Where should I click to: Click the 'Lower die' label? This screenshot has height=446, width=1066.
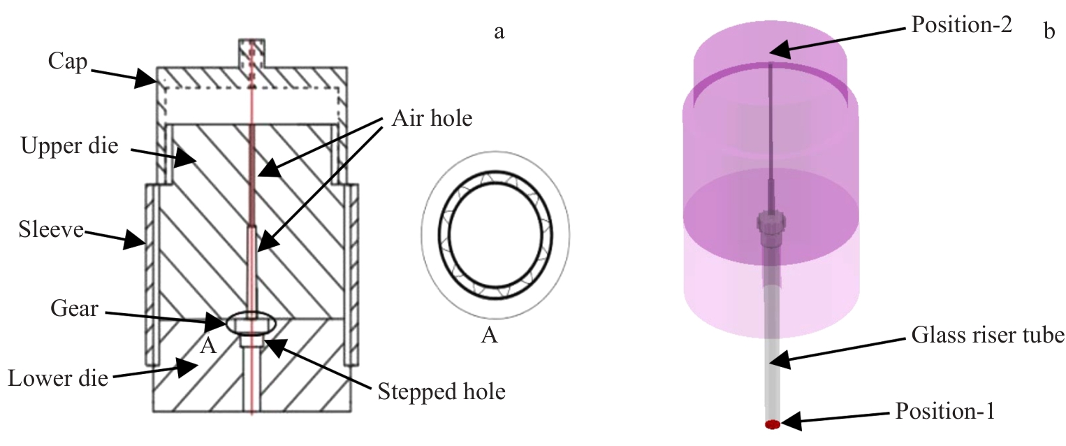click(58, 378)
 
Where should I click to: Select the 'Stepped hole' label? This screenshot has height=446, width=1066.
click(441, 390)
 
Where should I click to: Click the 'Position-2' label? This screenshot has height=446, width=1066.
click(961, 26)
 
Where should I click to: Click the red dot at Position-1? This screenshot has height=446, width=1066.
click(772, 424)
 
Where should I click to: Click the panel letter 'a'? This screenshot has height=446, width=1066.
click(499, 31)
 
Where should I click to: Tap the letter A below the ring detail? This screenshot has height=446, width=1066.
click(490, 336)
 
